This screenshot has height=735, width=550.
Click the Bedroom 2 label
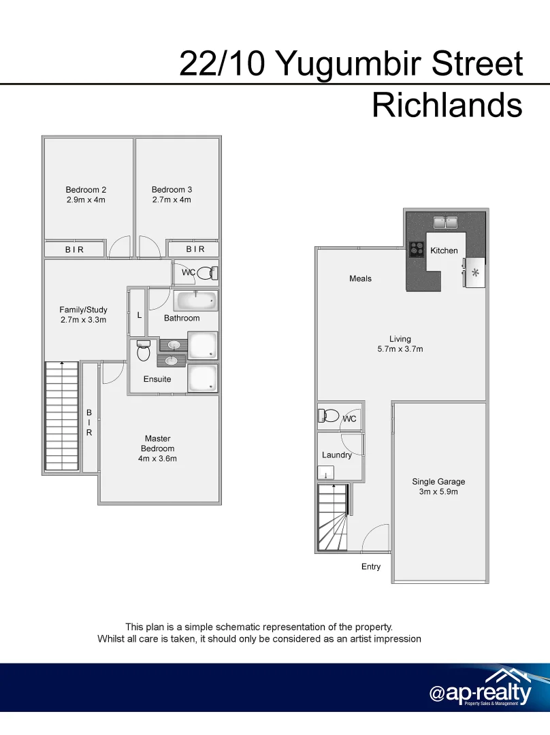[86, 190]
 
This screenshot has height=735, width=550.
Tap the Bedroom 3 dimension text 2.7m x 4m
[172, 200]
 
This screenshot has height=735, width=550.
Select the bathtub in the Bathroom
[196, 299]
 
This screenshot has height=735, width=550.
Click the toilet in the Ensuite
[143, 351]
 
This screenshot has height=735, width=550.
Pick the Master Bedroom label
[157, 444]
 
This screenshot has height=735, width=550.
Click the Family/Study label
[83, 310]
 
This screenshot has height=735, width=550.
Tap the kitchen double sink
[447, 221]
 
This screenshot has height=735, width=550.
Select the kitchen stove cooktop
[417, 250]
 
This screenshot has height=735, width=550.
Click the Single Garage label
[438, 482]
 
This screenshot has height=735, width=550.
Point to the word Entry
[371, 567]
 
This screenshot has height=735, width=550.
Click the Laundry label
[337, 455]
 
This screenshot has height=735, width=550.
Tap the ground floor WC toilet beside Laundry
[331, 416]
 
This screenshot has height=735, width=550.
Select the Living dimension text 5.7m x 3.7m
[400, 349]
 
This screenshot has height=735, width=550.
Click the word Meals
[360, 278]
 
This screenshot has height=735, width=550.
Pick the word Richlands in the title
[447, 105]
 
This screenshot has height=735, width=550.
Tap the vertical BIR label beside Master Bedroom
[88, 422]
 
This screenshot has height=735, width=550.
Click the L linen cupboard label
[139, 315]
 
